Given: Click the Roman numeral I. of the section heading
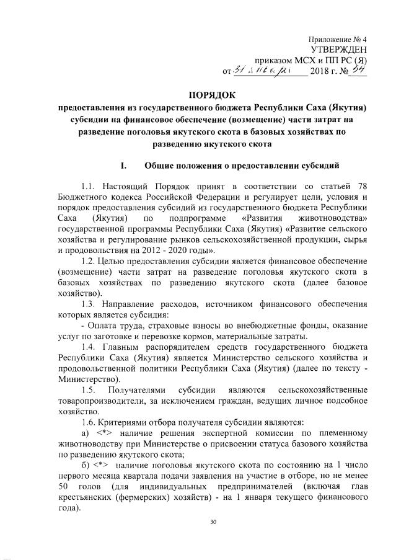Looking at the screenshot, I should (x=124, y=166).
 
